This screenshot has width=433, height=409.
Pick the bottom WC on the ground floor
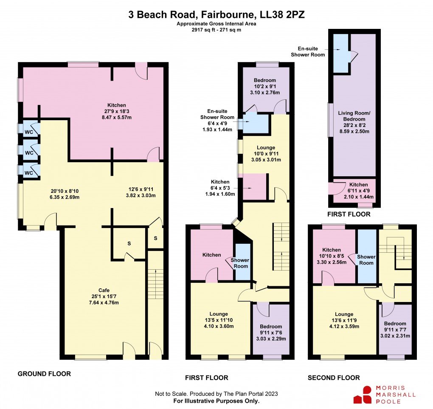pyautogui.click(x=29, y=172)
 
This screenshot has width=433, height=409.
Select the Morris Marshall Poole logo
pyautogui.click(x=385, y=395)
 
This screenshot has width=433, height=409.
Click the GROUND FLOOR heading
pyautogui.click(x=44, y=374)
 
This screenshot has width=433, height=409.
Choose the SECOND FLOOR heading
pyautogui.click(x=334, y=378)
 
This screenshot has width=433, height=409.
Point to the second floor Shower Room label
pyautogui.click(x=366, y=260)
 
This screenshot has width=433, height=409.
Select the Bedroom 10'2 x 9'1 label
pyautogui.click(x=265, y=86)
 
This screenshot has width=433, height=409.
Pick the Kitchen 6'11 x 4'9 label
pyautogui.click(x=358, y=191)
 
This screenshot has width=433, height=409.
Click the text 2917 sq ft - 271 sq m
pyautogui.click(x=216, y=30)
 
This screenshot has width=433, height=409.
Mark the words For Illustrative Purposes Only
pyautogui.click(x=216, y=401)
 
